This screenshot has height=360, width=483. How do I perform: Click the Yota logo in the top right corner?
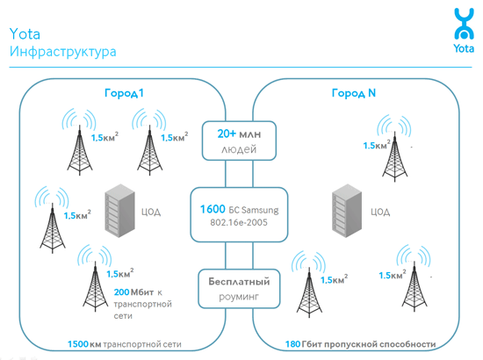point(464,30)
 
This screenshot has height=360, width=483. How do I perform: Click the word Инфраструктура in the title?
point(63,52)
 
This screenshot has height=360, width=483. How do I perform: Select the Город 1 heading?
point(124,93)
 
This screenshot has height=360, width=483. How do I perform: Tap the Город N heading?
point(354,93)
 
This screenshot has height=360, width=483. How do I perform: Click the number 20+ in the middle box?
point(227,133)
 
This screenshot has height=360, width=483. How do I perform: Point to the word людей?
point(239,149)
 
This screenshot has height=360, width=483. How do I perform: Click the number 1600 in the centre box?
point(213,209)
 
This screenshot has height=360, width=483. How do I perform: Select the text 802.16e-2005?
point(239,222)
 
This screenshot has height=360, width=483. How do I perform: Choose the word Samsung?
point(260,210)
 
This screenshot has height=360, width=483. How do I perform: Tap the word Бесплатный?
point(239,282)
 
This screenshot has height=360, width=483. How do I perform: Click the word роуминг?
point(239,297)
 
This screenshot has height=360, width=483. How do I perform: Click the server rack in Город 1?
point(119,211)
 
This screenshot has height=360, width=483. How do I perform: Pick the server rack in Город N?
point(347,211)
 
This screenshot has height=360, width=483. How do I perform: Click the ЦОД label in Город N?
point(380,212)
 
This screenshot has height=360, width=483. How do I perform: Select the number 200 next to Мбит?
point(122,292)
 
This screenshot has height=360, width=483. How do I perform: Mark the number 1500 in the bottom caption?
point(78,344)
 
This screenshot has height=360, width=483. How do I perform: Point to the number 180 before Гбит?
point(292,344)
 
